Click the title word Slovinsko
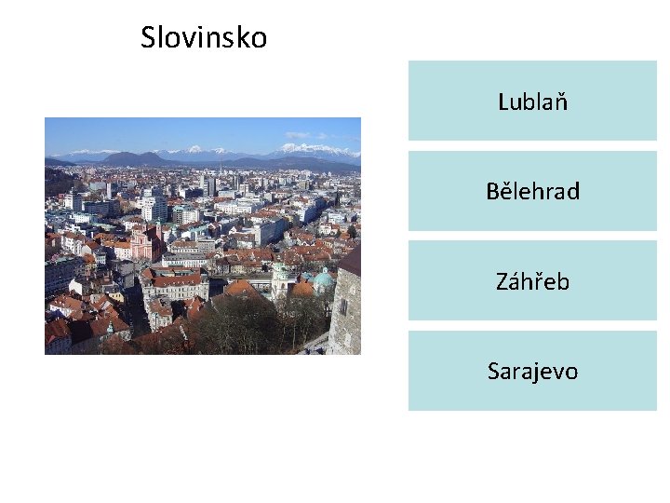point(204,38)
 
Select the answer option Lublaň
point(532,102)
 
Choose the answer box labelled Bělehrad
point(532,192)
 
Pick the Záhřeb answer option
point(532,281)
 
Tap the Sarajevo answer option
point(532,372)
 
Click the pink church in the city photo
point(145,244)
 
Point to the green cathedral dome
point(323,278)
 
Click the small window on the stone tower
point(342,305)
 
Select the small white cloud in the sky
point(298,135)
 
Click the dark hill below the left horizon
point(130,159)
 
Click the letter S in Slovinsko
point(148,38)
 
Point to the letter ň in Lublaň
point(561,102)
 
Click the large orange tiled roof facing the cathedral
point(243,290)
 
